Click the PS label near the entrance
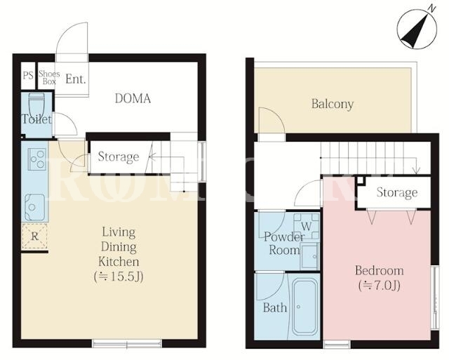point(28,76)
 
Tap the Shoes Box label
point(49,77)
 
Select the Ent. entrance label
point(76,79)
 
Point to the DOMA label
point(133,98)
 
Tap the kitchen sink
point(35,207)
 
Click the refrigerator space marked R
point(34,237)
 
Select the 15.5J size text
point(119,276)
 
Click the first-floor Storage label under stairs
point(119,156)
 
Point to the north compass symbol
point(417,29)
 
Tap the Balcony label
point(333,104)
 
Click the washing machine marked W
point(307,226)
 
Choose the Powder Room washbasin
point(309,255)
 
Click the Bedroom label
point(379,271)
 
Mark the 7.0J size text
point(379,286)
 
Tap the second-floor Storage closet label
point(397,192)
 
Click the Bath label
point(275,308)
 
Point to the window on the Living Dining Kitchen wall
point(127,343)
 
